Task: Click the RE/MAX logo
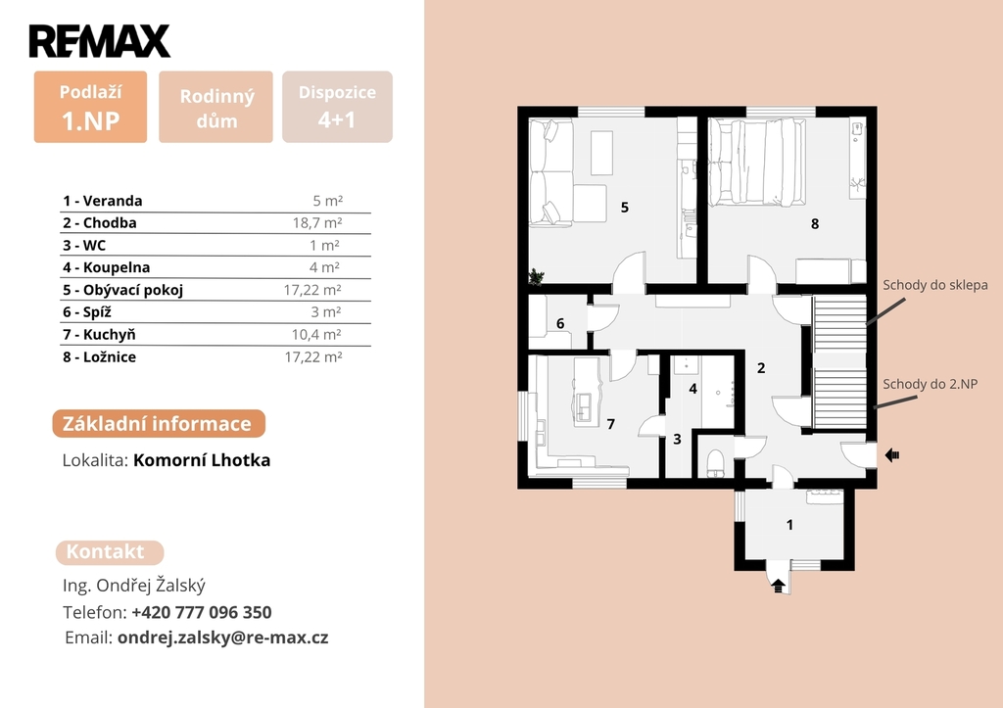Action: point(100,41)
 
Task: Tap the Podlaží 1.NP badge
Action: point(90,107)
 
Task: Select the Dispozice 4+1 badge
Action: point(337,107)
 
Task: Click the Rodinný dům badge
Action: point(215,107)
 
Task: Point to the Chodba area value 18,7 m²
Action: point(317,222)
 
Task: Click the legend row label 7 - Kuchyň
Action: point(99,335)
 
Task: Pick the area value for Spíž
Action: point(326,312)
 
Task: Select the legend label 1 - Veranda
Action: point(102,201)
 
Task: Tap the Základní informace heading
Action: point(159,424)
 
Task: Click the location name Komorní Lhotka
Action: point(202,460)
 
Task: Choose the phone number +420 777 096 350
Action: point(202,613)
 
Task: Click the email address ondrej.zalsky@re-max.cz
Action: point(223,637)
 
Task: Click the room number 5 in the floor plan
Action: point(625,208)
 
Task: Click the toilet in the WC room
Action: point(715,463)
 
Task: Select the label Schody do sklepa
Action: point(935,285)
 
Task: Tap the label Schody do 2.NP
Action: point(931,385)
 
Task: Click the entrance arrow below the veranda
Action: point(779,586)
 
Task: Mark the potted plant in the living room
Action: point(536,276)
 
